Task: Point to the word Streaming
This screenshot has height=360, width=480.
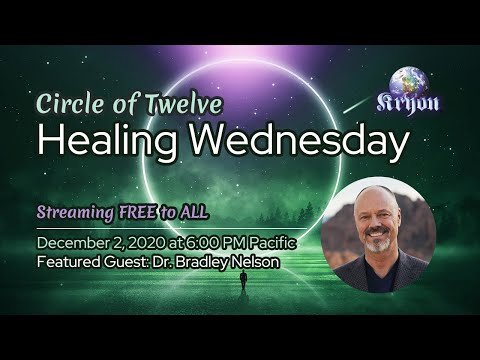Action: (x=76, y=212)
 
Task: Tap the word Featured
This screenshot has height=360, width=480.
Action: (x=67, y=262)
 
